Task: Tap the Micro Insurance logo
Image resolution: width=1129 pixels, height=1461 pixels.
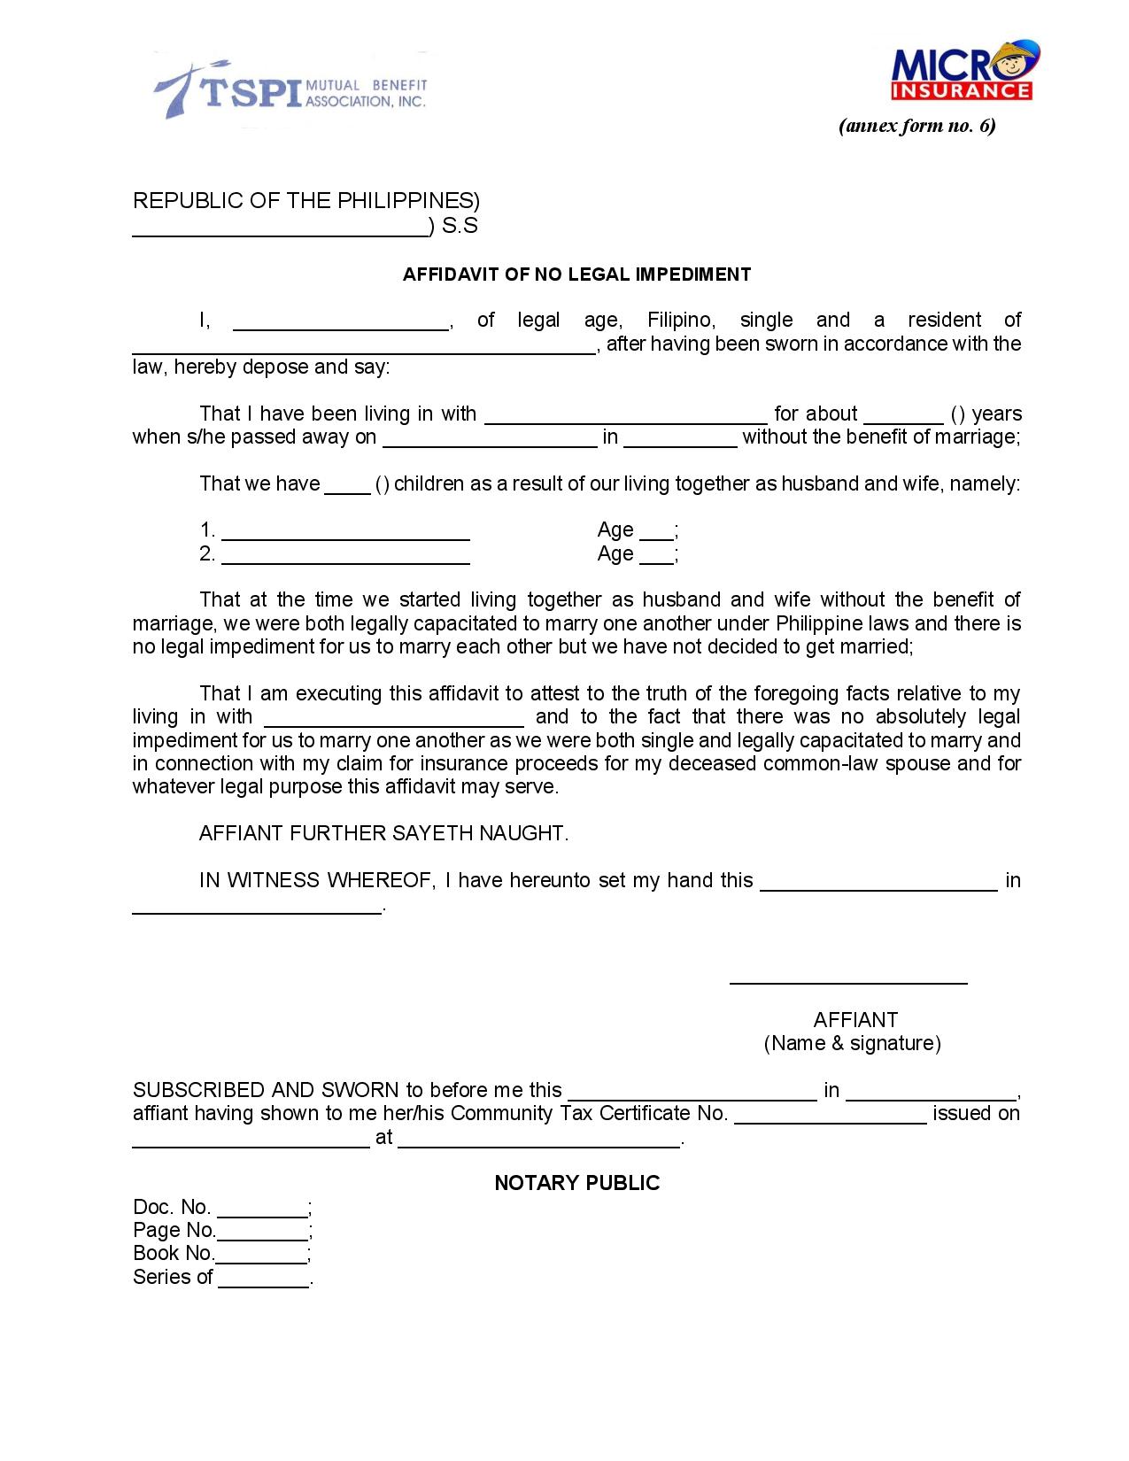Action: point(963,71)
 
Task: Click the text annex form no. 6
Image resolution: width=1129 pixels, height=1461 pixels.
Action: point(916,126)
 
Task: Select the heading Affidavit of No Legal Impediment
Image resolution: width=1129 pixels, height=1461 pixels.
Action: point(576,274)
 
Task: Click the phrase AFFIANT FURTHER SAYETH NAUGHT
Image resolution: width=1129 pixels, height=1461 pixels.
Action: point(383,833)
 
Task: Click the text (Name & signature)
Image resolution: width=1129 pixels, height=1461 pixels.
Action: point(852,1043)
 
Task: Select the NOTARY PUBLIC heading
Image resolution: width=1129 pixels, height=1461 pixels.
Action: point(576,1183)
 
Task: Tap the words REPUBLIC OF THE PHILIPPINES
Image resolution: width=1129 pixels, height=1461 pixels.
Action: point(305,200)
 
